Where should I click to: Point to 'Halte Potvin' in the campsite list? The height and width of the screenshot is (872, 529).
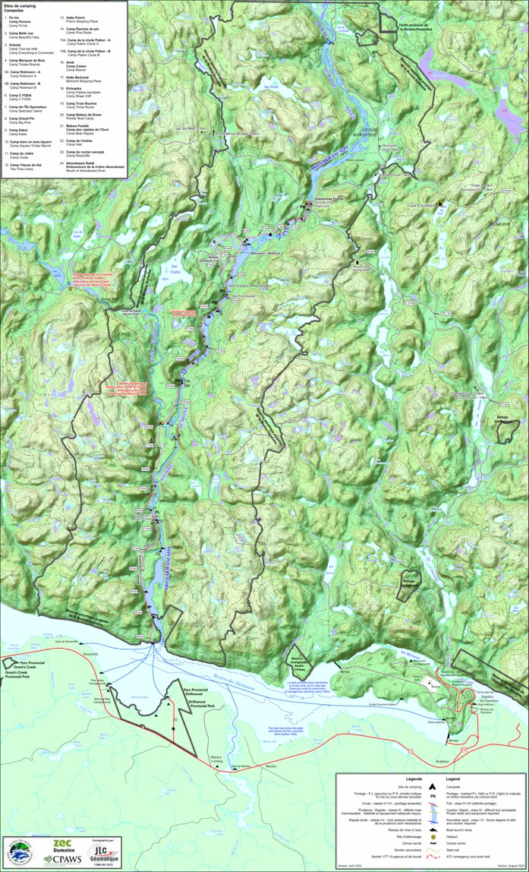click(78, 16)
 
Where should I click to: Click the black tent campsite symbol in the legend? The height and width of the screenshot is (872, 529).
click(432, 787)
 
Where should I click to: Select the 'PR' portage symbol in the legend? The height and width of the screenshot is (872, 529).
click(432, 796)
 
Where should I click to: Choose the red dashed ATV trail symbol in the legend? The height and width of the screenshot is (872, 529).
click(432, 857)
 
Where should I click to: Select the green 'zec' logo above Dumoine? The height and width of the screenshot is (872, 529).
click(61, 842)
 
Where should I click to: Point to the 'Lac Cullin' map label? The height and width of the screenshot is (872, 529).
click(176, 267)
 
